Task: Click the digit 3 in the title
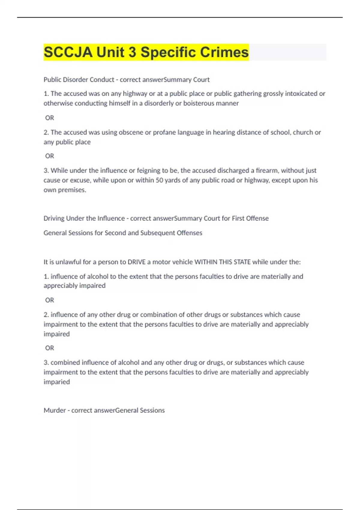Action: tap(132, 52)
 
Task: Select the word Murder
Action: tap(55, 410)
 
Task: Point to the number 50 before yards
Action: tap(159, 180)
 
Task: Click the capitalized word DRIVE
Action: tap(136, 262)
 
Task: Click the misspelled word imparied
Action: tap(57, 382)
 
